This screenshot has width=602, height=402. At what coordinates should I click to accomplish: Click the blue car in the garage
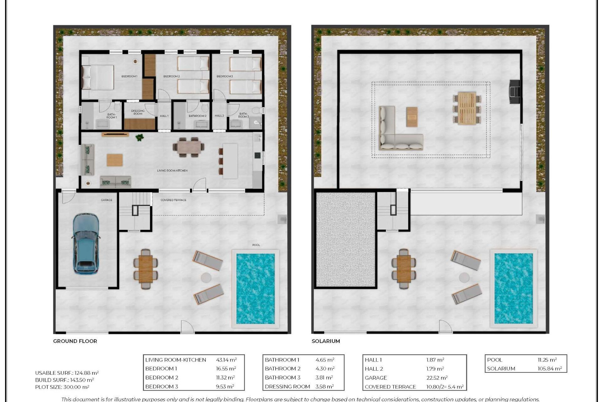(86, 243)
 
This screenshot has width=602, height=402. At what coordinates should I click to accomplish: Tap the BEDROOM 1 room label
(129, 76)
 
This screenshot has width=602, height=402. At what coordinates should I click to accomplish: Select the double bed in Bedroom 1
(98, 77)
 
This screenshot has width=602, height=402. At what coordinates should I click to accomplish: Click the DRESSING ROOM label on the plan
(138, 112)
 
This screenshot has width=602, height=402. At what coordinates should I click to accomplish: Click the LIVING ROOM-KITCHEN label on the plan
(172, 171)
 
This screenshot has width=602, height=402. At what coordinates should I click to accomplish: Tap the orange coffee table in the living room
(114, 160)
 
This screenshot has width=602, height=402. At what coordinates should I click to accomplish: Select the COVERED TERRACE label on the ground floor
(173, 200)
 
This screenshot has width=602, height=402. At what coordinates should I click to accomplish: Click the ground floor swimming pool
(255, 288)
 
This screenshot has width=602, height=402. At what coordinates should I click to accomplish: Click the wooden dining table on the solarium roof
(467, 108)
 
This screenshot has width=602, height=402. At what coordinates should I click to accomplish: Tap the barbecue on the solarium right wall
(515, 91)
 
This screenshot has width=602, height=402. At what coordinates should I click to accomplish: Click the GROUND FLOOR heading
(75, 341)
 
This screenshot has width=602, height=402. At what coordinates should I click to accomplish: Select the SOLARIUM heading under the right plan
(325, 341)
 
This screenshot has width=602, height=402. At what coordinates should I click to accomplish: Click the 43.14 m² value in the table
(226, 360)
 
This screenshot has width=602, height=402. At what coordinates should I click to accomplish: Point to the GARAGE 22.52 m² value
(436, 378)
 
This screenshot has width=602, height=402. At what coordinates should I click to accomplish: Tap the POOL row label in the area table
(494, 360)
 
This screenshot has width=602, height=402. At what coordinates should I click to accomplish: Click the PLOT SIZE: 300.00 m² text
(62, 387)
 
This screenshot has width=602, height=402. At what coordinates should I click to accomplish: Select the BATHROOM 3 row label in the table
(282, 378)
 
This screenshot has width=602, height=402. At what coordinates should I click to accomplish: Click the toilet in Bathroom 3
(258, 110)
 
